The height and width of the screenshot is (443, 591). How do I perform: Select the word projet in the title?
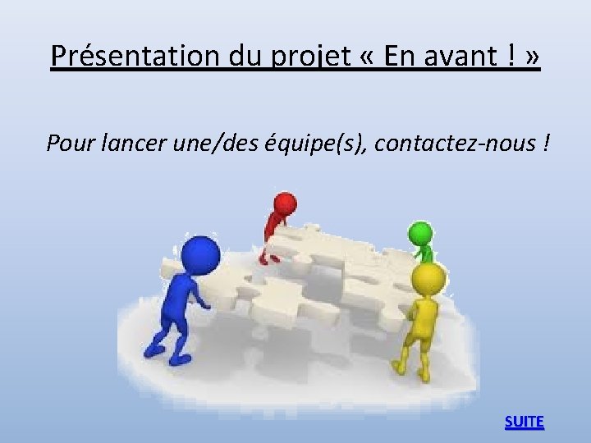297,57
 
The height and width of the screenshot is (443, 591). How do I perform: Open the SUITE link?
524,422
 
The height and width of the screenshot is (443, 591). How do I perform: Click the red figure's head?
285,203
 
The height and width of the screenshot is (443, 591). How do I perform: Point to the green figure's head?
420,232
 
